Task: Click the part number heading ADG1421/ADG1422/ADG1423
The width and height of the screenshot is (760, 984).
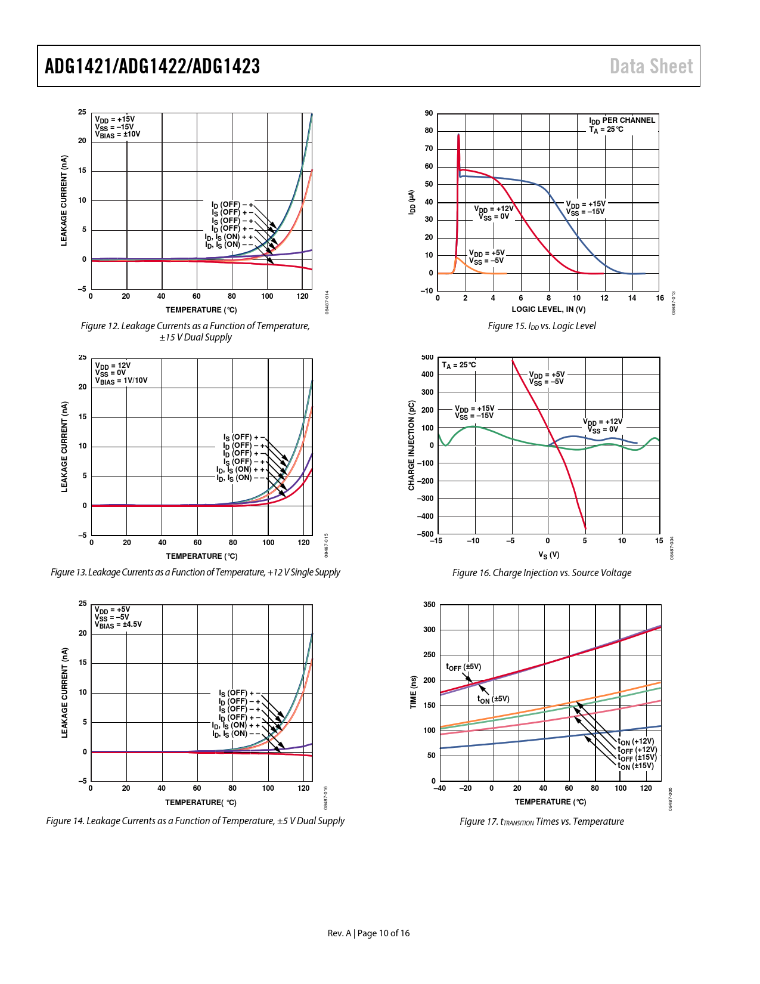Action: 153,66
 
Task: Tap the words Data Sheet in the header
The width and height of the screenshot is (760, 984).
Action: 651,66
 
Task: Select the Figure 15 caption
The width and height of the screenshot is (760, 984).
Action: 541,326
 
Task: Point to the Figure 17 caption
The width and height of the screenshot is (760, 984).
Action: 541,822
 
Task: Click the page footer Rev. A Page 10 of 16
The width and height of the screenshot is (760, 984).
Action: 368,933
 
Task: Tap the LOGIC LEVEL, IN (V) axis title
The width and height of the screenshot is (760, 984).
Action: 548,310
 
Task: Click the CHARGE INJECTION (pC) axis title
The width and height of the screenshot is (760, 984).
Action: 411,445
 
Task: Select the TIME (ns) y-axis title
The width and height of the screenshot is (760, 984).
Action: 413,692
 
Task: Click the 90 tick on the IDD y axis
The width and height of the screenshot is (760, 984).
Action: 429,113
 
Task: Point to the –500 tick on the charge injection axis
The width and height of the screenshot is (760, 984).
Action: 426,534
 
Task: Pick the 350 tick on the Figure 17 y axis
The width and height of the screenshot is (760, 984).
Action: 429,605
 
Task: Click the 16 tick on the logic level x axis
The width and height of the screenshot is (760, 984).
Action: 660,298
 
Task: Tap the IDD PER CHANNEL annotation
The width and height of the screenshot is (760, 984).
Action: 622,120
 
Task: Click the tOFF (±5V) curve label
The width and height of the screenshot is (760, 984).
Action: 463,667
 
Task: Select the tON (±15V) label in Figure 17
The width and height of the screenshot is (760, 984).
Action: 635,766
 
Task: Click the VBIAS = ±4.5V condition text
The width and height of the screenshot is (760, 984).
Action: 118,625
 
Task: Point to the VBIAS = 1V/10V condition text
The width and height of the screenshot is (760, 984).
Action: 121,381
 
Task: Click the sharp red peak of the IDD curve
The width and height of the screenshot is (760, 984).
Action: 458,135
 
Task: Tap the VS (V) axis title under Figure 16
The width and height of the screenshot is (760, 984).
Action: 548,555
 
